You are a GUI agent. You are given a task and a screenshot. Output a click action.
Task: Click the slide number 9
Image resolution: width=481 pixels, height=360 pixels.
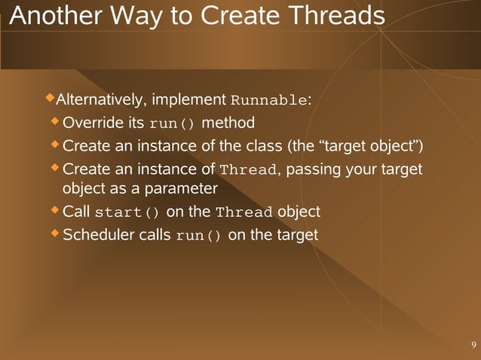pos(473,345)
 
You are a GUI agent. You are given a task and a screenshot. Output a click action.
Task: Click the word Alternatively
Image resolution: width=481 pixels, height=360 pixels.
pos(103,100)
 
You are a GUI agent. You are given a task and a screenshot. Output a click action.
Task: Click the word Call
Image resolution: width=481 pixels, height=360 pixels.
pos(77,212)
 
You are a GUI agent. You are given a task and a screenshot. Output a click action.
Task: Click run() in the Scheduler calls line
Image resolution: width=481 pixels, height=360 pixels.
pos(199,236)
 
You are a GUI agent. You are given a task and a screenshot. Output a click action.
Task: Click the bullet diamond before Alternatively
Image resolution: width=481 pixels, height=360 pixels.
pos(51,98)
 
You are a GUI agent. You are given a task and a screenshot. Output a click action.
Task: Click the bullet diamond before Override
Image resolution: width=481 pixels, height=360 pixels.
pos(54,121)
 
